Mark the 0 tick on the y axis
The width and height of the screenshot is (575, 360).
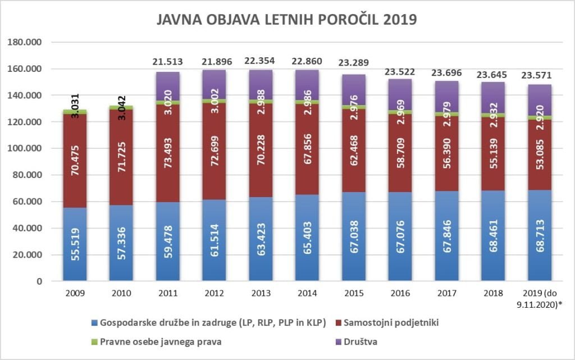39,281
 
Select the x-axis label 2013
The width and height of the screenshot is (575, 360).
261,293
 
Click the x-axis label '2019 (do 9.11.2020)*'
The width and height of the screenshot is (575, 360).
540,297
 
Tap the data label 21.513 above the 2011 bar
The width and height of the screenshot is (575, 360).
168,62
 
